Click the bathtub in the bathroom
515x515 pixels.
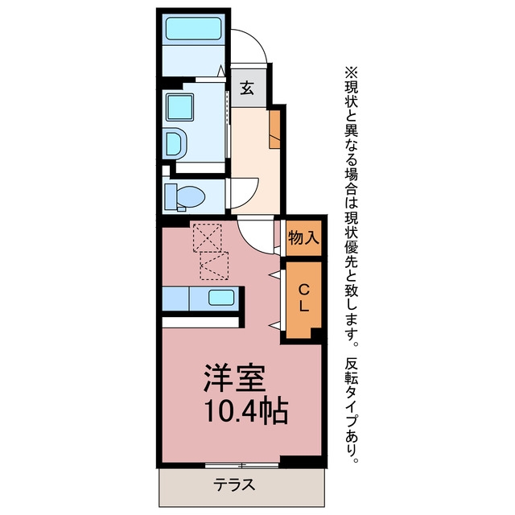[193, 29]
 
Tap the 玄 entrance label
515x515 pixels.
[247, 88]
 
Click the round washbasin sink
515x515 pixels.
[175, 144]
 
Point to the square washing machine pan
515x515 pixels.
[179, 107]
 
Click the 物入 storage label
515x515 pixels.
[303, 238]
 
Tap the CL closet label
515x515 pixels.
[303, 298]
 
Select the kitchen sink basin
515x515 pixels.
[221, 298]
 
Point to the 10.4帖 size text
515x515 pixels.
[246, 411]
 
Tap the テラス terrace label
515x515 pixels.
[234, 484]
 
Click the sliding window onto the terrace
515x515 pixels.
[242, 465]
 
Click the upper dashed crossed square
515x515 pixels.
[208, 238]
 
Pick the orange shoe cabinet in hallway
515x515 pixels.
[274, 129]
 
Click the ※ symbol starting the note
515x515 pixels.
[351, 72]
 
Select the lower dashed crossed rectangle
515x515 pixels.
[214, 266]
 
